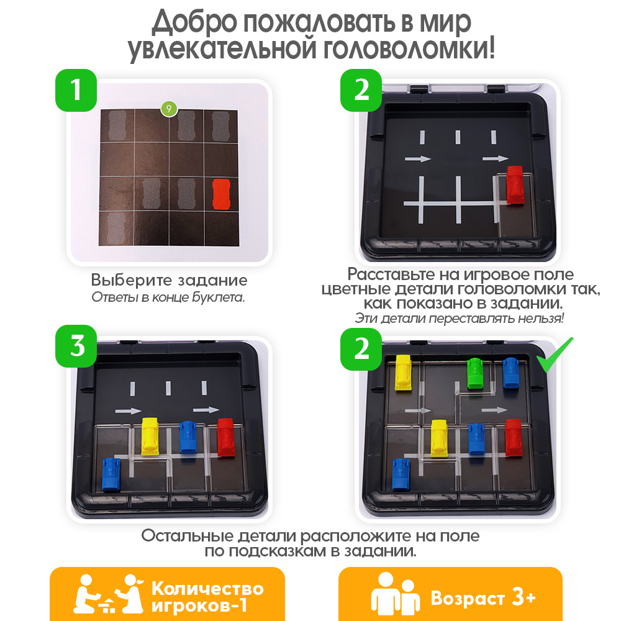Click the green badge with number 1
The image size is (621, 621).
click(x=76, y=89)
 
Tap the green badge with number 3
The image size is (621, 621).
click(x=76, y=347)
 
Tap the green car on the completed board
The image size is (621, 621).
click(x=476, y=374)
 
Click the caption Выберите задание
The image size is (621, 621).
click(x=169, y=279)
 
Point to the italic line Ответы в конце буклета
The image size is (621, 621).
click(x=169, y=297)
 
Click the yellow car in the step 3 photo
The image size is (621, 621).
click(x=150, y=435)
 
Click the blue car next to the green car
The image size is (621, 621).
click(x=510, y=372)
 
